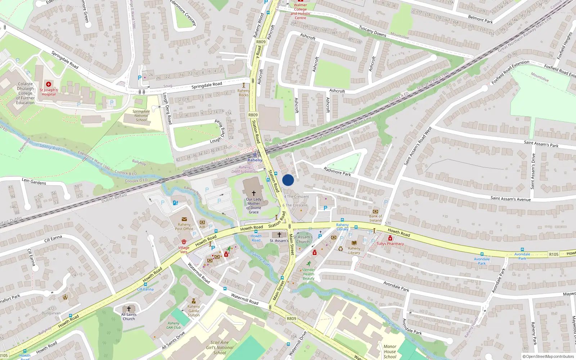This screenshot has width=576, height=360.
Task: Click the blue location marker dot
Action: click(x=288, y=180)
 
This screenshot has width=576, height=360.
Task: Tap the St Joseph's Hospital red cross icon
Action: click(x=49, y=84)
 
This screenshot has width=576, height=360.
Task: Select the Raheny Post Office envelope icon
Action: click(x=184, y=219)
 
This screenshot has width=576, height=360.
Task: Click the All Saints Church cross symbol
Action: click(x=129, y=309)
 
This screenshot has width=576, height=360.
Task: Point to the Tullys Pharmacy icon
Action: click(x=390, y=238)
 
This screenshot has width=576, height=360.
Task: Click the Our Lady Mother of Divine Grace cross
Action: click(x=253, y=193)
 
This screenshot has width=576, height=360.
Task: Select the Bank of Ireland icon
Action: click(x=375, y=211)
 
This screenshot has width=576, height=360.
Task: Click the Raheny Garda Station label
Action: click(x=194, y=311)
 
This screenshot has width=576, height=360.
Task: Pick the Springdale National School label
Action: click(x=141, y=116)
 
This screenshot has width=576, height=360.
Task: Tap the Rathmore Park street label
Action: click(x=337, y=171)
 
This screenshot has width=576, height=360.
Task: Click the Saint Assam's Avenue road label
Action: click(x=510, y=198)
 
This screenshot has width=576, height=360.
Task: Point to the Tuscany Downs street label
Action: click(x=373, y=31)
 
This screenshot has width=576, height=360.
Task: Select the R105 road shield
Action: click(x=554, y=255)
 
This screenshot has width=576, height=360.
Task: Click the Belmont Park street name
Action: click(x=480, y=19)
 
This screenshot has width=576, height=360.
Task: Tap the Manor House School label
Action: click(x=390, y=351)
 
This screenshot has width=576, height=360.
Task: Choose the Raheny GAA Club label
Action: click(x=174, y=325)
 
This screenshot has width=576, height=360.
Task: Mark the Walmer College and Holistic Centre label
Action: click(x=300, y=12)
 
